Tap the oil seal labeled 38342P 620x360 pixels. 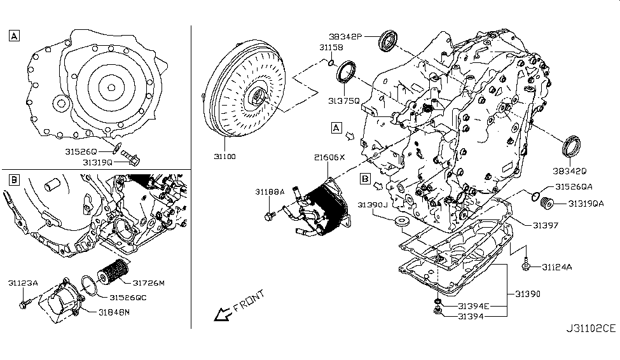(388, 40)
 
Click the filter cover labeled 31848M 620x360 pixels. (60, 303)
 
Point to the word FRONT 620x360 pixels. (249, 301)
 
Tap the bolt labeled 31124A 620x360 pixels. (527, 266)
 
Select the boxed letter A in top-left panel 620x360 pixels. (14, 36)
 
